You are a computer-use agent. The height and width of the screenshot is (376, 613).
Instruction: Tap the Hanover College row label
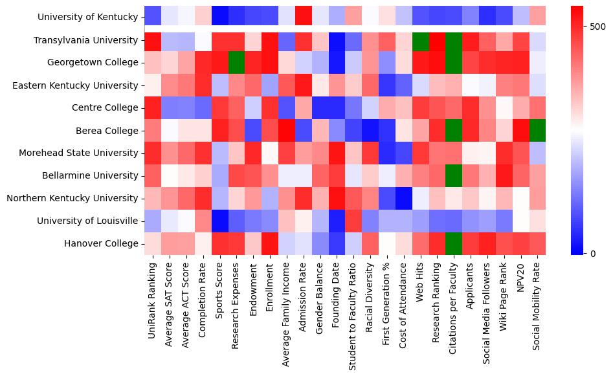tap(102, 243)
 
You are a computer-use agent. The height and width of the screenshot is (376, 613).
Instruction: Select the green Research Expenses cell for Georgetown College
tap(236, 63)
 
